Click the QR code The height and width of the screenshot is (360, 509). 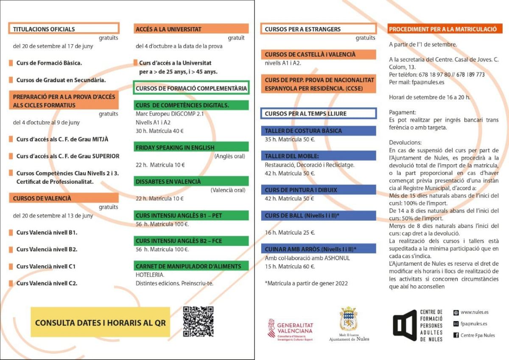point(198,321)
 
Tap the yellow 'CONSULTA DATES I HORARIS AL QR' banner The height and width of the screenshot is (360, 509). point(100,322)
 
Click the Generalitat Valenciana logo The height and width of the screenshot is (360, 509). point(290,330)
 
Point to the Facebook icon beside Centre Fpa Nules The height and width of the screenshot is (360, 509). point(456,335)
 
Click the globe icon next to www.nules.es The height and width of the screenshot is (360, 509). point(456,312)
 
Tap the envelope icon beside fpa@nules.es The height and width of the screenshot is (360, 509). point(456,324)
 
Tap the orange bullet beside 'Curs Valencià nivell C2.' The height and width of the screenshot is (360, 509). point(11,283)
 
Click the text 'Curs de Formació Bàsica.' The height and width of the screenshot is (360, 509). point(49,63)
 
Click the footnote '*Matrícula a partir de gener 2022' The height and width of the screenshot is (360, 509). point(306,282)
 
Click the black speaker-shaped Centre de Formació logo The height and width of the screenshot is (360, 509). point(404,325)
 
